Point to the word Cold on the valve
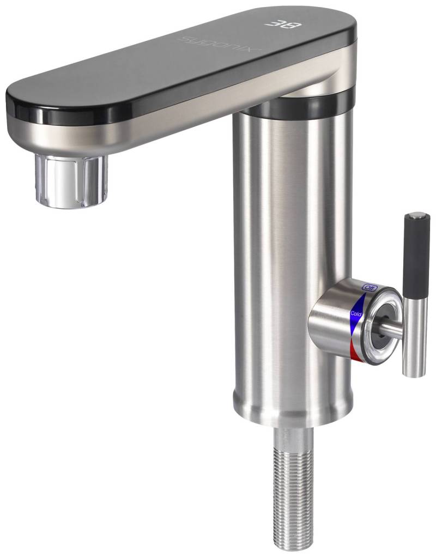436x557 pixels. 356,313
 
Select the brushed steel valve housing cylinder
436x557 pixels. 327,327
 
